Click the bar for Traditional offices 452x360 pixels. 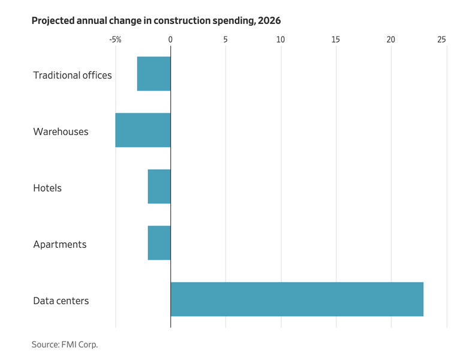click(154, 74)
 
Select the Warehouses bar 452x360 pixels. click(143, 130)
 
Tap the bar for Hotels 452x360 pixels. click(159, 187)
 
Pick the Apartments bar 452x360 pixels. click(159, 243)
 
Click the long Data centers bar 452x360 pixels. click(297, 299)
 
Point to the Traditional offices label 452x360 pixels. click(73, 75)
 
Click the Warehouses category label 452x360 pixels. click(61, 131)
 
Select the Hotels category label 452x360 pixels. click(47, 188)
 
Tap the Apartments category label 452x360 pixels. click(60, 244)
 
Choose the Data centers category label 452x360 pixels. click(61, 301)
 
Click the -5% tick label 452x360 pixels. click(115, 40)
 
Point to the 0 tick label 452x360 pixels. click(170, 40)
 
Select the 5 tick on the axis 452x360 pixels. click(225, 40)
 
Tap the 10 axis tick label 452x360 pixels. click(281, 40)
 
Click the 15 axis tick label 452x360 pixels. click(336, 40)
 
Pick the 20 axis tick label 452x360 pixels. click(391, 40)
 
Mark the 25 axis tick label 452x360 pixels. click(442, 40)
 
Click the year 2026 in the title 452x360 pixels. click(269, 20)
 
